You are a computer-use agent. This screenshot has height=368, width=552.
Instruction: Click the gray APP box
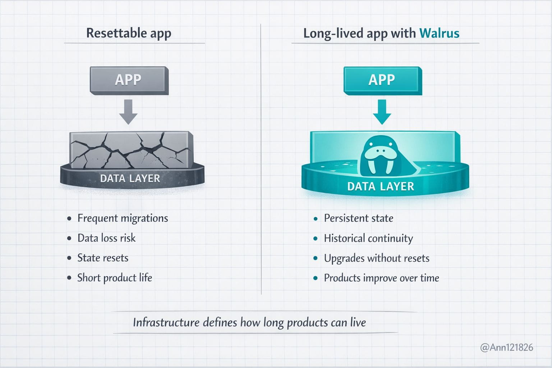(x=129, y=80)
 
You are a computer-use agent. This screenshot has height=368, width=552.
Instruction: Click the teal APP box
(x=382, y=80)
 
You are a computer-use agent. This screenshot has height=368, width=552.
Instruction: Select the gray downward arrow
(x=128, y=112)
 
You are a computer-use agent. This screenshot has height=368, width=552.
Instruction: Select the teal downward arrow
(x=382, y=112)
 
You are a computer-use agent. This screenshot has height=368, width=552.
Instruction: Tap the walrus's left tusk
(x=371, y=167)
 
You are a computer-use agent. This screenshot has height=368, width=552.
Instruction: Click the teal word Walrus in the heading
(x=439, y=33)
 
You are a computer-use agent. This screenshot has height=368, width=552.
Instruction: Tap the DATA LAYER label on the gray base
(x=130, y=179)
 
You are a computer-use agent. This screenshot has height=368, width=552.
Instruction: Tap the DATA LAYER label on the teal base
(x=381, y=187)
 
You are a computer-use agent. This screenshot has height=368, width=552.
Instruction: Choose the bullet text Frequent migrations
(x=123, y=218)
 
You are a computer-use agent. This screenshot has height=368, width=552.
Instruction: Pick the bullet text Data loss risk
(x=106, y=238)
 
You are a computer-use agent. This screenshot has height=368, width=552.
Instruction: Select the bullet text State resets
(x=103, y=258)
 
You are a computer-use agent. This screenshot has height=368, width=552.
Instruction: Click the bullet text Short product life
(x=115, y=277)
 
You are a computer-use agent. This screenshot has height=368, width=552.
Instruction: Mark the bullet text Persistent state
(x=358, y=218)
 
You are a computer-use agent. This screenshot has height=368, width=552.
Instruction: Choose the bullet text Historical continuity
(x=368, y=238)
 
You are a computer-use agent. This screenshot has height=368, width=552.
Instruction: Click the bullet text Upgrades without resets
(x=377, y=258)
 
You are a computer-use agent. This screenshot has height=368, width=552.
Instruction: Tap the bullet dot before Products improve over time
(x=316, y=278)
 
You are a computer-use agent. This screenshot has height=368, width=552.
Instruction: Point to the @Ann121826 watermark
(x=506, y=348)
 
